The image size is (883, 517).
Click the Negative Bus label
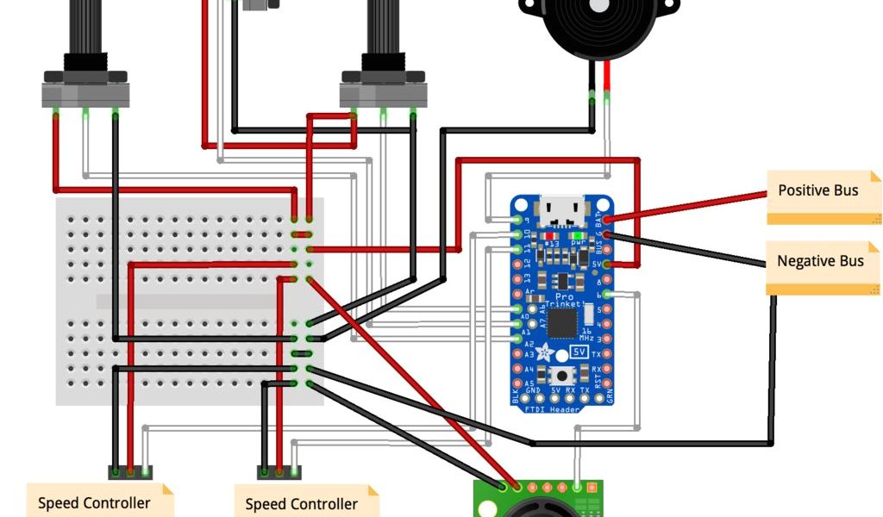[821, 262]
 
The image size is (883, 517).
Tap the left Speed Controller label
[94, 502]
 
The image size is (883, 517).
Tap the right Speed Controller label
[302, 503]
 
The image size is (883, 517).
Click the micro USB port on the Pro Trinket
[561, 209]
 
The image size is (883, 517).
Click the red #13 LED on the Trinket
[548, 235]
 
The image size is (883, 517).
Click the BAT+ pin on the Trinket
[609, 220]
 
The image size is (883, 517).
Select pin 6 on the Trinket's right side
[608, 295]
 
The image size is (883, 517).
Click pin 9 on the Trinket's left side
[517, 220]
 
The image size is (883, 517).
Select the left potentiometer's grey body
[85, 93]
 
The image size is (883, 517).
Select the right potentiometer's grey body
[384, 93]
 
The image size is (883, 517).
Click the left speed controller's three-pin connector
[129, 471]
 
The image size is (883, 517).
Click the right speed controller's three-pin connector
[279, 471]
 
